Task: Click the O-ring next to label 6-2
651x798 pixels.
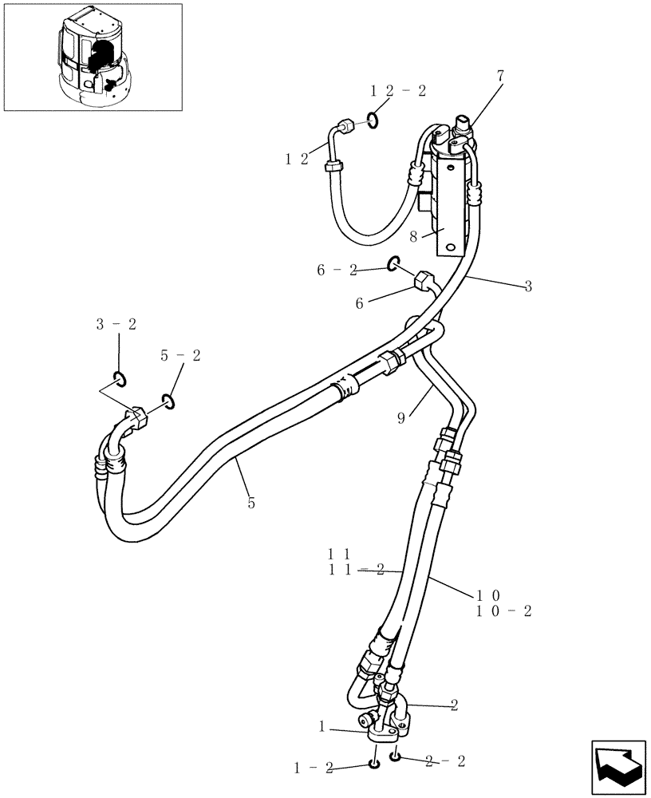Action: pos(393,263)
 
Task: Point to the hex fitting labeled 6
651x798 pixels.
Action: pos(422,281)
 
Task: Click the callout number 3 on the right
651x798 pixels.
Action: pos(527,286)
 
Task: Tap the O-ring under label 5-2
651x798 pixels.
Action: pos(168,401)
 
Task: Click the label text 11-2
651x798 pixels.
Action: pos(357,569)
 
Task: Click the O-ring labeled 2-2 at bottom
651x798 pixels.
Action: pos(395,756)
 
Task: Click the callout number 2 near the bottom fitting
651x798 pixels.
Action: pos(454,705)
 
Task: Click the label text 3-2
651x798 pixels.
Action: pos(116,323)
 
